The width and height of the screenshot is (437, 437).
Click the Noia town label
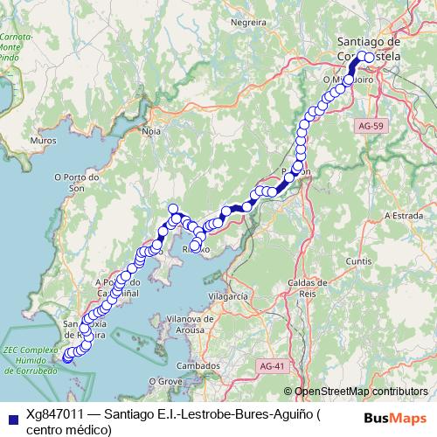151,131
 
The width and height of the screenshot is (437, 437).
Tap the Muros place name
43,140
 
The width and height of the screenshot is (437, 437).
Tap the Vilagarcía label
228,297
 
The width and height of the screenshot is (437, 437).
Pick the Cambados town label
198,365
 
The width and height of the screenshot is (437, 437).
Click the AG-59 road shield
371,127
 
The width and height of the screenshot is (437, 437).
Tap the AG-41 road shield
272,365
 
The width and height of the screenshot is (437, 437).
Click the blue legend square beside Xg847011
10,417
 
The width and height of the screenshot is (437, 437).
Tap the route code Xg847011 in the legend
56,414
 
